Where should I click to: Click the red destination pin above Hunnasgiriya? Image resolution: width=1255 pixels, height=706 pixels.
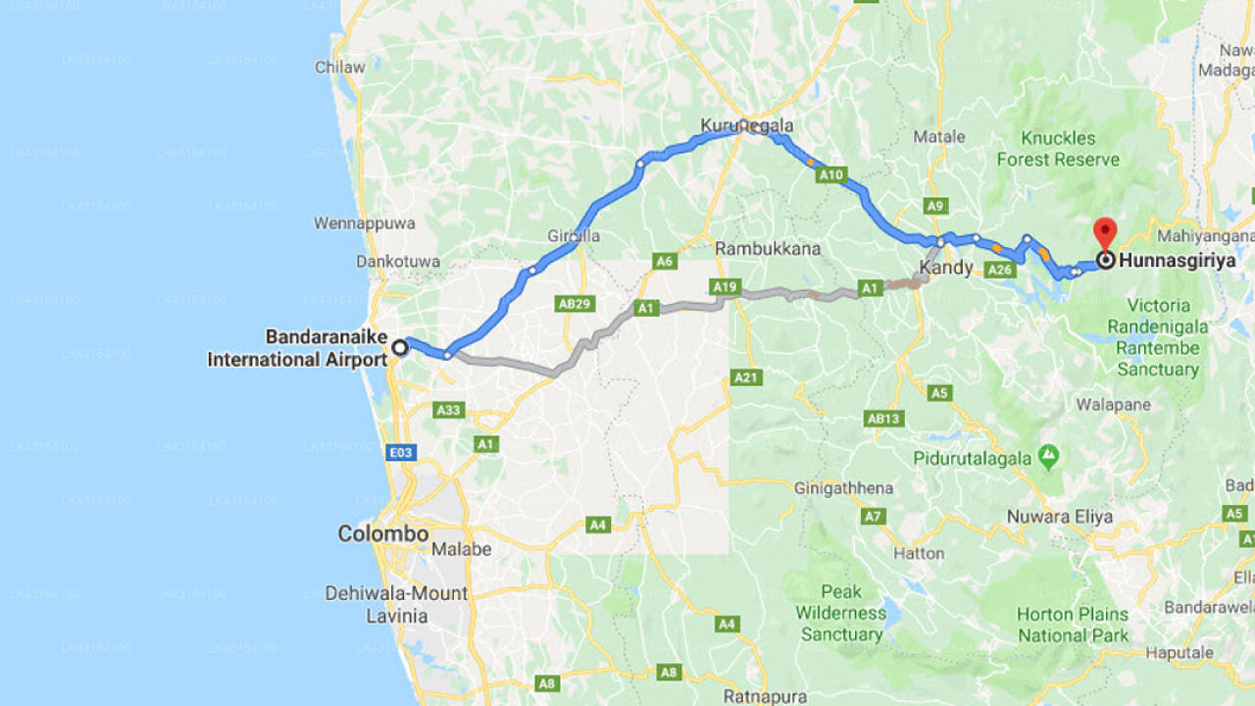coord(1105,233)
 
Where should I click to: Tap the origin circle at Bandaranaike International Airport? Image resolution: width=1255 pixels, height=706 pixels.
coord(400,346)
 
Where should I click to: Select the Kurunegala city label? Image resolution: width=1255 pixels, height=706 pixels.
coord(747,126)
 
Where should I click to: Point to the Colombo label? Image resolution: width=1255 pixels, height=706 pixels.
coord(383,534)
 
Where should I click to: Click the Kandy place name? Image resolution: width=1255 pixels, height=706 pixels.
coord(946,268)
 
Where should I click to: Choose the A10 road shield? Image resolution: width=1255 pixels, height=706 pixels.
coord(831,176)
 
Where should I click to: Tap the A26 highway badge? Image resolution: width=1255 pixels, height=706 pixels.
coord(1000,270)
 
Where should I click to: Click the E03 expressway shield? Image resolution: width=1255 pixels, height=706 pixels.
coord(400,453)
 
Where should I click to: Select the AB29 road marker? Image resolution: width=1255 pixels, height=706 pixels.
coord(576,304)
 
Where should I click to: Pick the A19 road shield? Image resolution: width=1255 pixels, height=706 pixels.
coord(726,286)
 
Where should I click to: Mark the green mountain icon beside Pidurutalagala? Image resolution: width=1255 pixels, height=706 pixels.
coord(1050,455)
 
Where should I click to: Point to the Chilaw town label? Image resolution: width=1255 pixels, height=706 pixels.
coord(339,68)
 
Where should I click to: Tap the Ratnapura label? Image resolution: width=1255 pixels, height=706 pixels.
coord(765,697)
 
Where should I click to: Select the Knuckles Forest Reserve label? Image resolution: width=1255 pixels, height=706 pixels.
coord(1058,148)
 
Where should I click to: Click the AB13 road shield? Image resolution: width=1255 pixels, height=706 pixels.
coord(883,419)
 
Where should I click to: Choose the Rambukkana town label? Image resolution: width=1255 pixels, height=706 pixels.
coord(768,249)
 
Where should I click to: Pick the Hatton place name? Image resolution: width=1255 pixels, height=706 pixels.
coord(920,553)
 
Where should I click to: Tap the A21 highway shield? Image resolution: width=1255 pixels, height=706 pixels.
coord(746,378)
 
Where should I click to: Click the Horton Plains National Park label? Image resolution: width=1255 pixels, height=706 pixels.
coord(1073,625)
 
